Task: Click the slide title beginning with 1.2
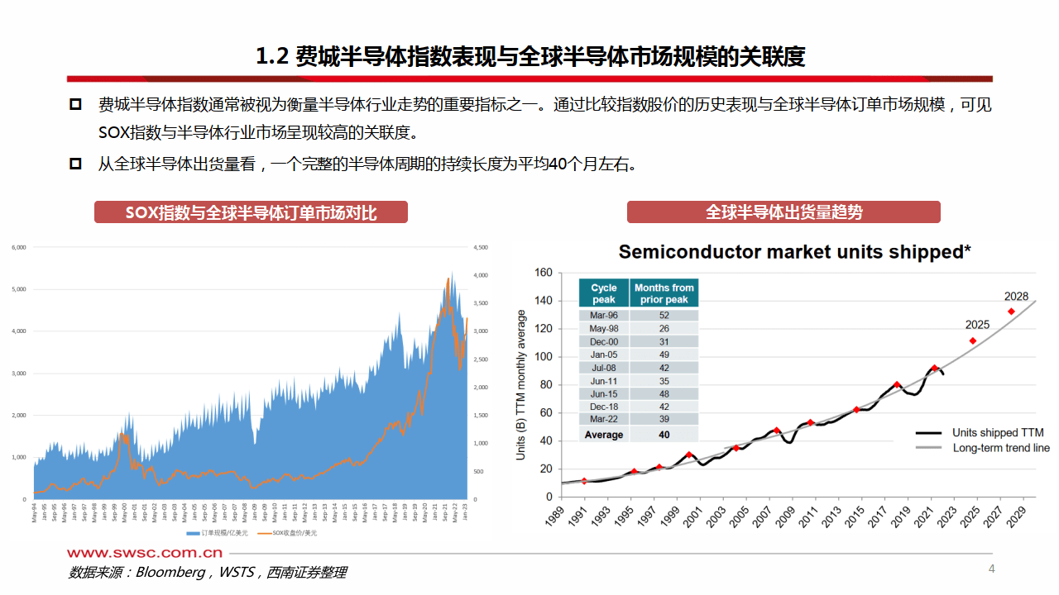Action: click(529, 56)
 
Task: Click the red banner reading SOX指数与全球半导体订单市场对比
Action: click(251, 212)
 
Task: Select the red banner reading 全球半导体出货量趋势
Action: click(783, 212)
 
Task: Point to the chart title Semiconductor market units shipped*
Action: click(794, 252)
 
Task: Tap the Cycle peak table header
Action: click(604, 293)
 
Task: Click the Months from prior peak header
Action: click(664, 293)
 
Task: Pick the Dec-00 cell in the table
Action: click(604, 341)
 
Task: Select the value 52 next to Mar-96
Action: click(664, 316)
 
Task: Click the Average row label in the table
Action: click(604, 435)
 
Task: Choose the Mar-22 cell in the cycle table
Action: click(604, 420)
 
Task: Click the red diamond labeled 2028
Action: click(1011, 312)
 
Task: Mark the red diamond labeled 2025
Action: click(973, 340)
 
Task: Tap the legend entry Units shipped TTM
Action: click(997, 432)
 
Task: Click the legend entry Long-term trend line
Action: click(1000, 448)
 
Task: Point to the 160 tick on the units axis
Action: click(543, 273)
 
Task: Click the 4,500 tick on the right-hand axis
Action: click(481, 246)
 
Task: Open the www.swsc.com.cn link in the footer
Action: click(145, 553)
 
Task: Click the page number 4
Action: click(991, 569)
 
